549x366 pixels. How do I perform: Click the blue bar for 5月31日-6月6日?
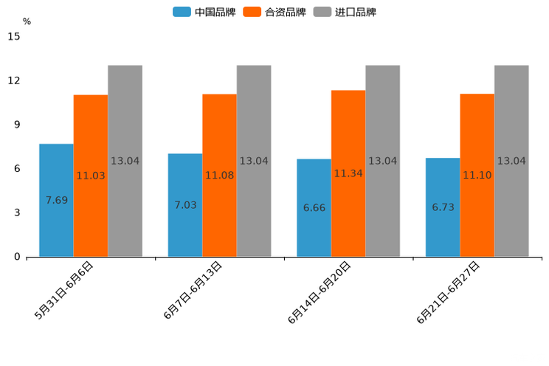pos(56,200)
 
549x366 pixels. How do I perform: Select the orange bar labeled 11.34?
pos(348,173)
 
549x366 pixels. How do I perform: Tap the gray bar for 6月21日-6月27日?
pos(511,161)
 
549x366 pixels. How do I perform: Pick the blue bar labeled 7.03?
pos(185,205)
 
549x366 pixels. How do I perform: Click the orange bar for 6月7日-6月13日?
pos(219,176)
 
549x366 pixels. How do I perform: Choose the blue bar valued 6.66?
pos(314,207)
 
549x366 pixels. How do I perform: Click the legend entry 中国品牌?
pos(204,12)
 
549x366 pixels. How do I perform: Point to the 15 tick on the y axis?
pos(14,36)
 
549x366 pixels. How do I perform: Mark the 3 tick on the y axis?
pos(17,213)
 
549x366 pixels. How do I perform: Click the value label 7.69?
pos(57,200)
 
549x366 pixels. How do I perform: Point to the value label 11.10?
pos(477,176)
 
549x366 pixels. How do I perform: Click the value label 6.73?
pos(443,207)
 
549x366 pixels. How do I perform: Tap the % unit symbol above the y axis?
pos(27,21)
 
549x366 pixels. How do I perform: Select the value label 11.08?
pos(219,176)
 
